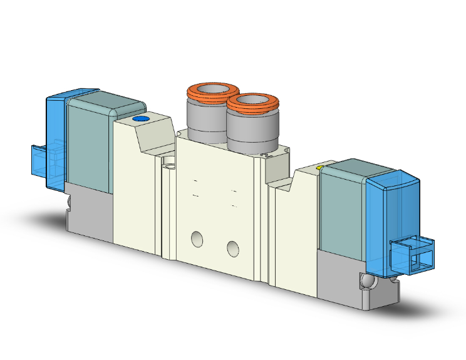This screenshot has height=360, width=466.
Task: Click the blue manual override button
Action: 141,119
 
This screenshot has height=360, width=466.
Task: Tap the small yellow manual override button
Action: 320,168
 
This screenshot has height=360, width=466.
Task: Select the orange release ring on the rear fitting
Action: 209,90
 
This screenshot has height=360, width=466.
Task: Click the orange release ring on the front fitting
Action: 252,102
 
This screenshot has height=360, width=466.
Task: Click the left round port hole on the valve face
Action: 197,239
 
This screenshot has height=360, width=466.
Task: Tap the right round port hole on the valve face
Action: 234,249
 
